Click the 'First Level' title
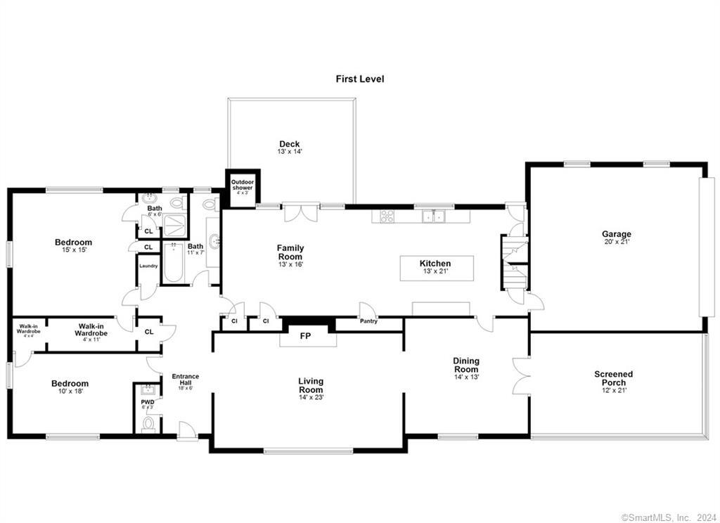(359, 79)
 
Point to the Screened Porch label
(613, 378)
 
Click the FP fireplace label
(305, 337)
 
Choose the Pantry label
(368, 321)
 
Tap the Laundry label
(148, 266)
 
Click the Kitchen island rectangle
(437, 268)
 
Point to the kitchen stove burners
(387, 217)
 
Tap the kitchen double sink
(433, 217)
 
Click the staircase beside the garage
(515, 264)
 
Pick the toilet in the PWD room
(148, 423)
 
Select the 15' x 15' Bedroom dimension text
(74, 250)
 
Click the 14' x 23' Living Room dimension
(310, 398)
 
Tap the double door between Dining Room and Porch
(521, 377)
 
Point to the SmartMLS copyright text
(669, 517)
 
